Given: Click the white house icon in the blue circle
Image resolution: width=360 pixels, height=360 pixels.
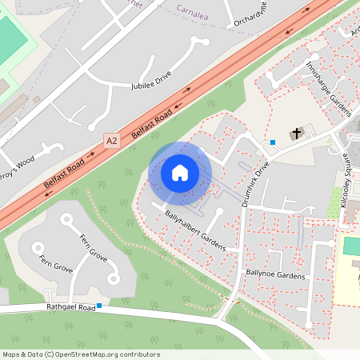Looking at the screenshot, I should (x=179, y=173).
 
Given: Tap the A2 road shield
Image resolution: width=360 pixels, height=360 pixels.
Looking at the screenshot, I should (x=111, y=141).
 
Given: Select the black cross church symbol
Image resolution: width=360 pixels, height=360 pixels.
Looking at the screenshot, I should (x=297, y=133).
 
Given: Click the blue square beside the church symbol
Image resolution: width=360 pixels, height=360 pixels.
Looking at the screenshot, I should (x=273, y=142).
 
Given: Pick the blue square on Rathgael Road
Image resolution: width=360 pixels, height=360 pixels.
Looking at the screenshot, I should (x=99, y=306).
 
